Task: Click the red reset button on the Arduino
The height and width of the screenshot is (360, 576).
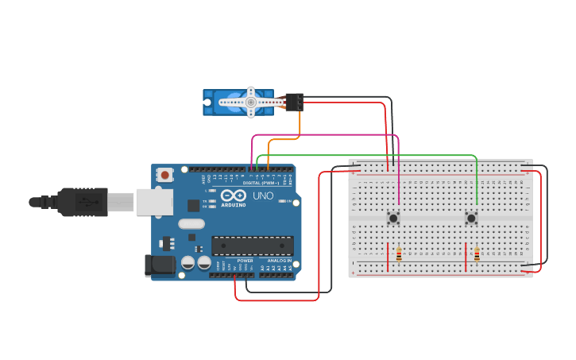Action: pyautogui.click(x=164, y=175)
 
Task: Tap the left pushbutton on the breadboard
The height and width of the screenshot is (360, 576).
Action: pyautogui.click(x=393, y=217)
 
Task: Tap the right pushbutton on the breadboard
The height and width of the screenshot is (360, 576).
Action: pyautogui.click(x=471, y=217)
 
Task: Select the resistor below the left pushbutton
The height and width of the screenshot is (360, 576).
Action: pyautogui.click(x=399, y=255)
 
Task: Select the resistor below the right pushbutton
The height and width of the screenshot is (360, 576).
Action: pyautogui.click(x=477, y=255)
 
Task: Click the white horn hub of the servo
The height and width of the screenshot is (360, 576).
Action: pyautogui.click(x=250, y=102)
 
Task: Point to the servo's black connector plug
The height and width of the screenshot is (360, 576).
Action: pyautogui.click(x=294, y=102)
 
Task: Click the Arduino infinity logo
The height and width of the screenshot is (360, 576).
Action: pyautogui.click(x=234, y=195)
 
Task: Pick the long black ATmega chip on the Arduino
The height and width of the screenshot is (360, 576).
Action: pyautogui.click(x=252, y=246)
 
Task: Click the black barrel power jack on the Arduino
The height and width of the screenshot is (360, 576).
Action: pyautogui.click(x=160, y=265)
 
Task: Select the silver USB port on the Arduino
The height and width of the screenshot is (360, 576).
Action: pyautogui.click(x=154, y=202)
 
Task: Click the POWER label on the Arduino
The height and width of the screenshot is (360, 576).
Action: pyautogui.click(x=245, y=261)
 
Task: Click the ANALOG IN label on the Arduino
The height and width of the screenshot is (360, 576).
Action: pyautogui.click(x=280, y=261)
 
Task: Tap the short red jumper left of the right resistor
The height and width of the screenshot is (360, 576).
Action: pyautogui.click(x=466, y=256)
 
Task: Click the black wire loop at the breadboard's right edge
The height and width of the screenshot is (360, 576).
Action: pyautogui.click(x=547, y=215)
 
